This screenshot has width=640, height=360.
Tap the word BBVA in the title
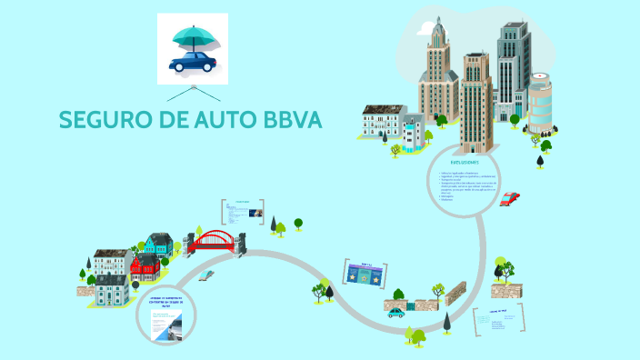point(291,120)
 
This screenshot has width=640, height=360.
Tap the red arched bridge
point(213,240)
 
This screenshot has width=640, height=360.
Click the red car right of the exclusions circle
point(510,198)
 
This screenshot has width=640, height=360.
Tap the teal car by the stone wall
point(396,312)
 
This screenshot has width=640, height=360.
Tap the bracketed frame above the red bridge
point(242,212)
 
